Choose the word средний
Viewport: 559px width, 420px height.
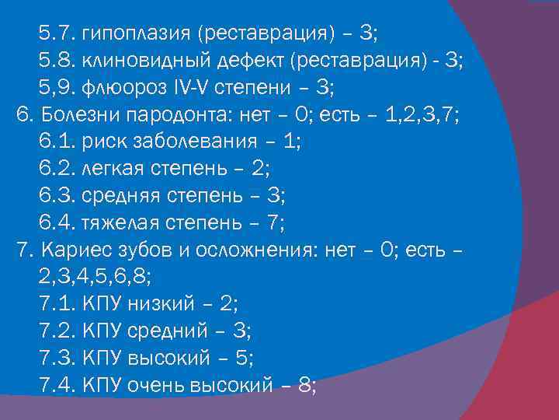pos(173,334)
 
